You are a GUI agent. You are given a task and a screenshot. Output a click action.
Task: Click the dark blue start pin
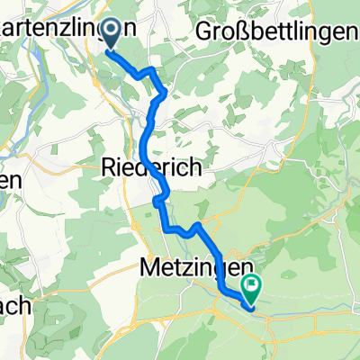(x=112, y=34)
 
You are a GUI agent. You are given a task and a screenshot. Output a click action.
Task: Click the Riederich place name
(x=150, y=167)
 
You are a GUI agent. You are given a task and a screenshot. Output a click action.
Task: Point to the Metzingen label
(x=188, y=267)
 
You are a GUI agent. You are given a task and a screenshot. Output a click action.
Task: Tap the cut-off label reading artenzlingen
(x=68, y=28)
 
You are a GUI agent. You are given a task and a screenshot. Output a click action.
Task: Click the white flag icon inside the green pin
(x=251, y=285)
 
